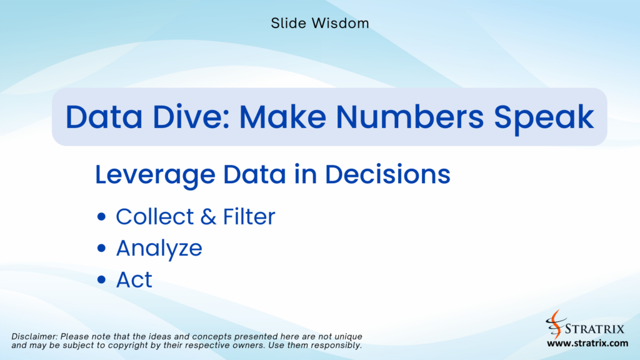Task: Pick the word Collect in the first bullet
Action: point(155,217)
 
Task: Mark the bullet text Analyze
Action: point(159,249)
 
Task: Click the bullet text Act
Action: point(134,280)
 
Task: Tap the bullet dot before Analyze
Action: point(102,249)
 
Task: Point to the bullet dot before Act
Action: point(102,281)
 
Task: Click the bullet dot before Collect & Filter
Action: point(102,217)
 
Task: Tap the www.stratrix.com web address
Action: point(587,344)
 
